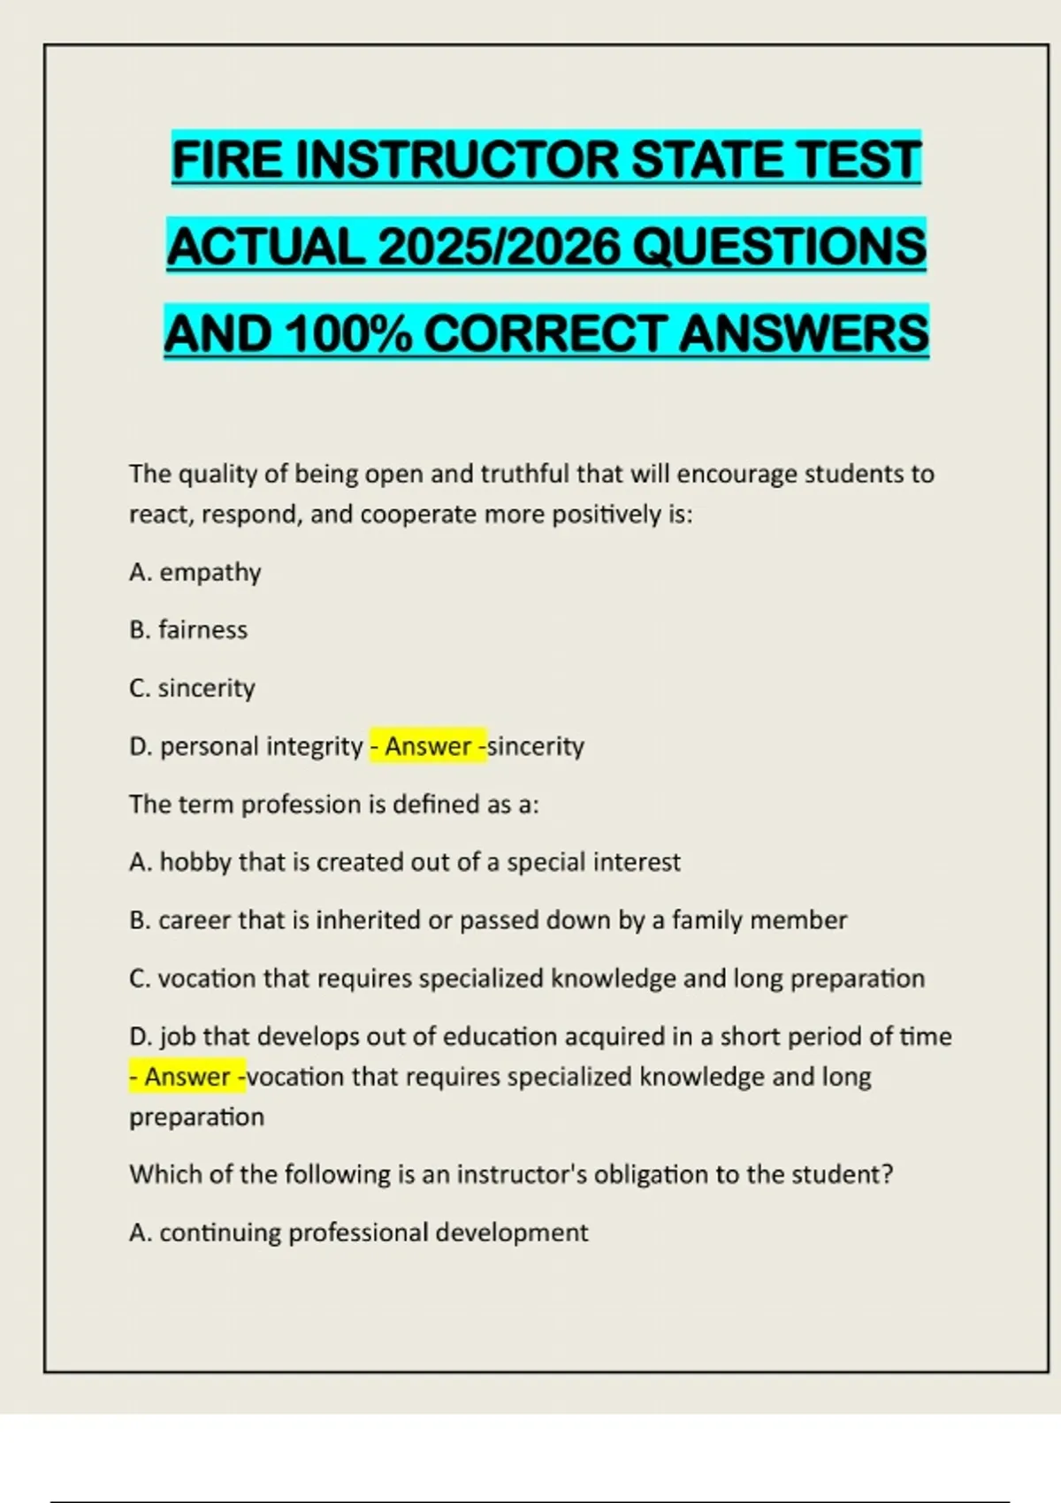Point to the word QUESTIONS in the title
[780, 247]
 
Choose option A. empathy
[195, 573]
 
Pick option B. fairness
[188, 630]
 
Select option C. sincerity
[192, 689]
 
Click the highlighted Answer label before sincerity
[428, 747]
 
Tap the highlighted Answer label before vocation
[187, 1077]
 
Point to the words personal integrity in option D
[261, 747]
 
